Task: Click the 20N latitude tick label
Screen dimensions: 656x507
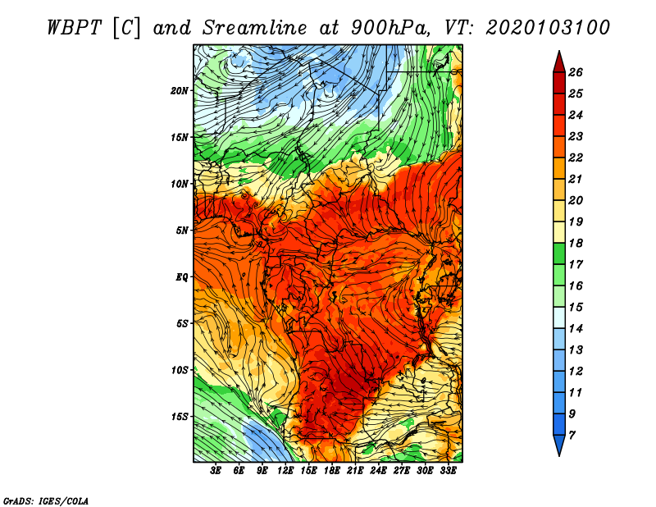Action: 179,91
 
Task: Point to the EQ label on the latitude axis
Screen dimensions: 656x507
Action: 181,277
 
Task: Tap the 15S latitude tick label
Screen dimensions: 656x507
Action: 179,417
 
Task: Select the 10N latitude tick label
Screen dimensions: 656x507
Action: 179,184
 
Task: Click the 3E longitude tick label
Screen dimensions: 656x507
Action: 216,471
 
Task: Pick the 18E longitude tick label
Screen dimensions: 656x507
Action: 332,471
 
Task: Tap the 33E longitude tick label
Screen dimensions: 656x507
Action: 448,471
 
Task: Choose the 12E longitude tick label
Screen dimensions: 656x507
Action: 285,471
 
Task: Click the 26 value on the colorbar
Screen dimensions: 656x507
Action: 576,72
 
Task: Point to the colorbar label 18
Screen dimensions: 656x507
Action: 576,243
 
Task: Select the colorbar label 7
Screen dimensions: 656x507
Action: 572,436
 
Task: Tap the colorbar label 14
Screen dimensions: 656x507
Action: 576,329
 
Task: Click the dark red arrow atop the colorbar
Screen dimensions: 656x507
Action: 559,62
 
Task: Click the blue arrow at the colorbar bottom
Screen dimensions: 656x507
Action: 559,445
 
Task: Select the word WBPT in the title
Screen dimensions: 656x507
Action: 74,28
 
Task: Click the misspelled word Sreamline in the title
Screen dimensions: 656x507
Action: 254,28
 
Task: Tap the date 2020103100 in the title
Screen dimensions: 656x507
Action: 548,28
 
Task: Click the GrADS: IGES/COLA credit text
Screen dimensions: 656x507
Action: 46,501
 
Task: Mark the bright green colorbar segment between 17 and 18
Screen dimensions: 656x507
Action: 559,253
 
